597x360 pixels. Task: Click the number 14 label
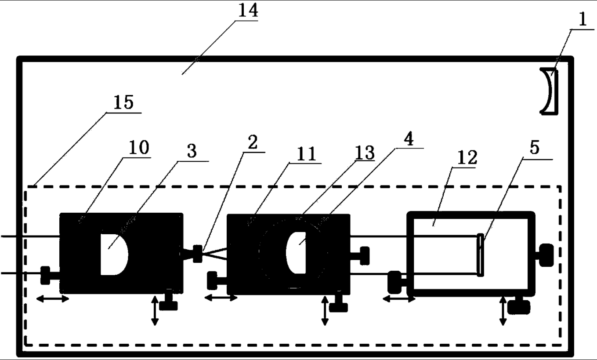coord(248,11)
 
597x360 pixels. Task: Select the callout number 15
coord(123,104)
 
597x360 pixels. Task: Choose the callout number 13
coord(365,153)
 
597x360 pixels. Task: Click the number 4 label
coord(407,140)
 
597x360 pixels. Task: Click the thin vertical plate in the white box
coord(481,255)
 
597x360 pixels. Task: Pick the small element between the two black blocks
coord(198,253)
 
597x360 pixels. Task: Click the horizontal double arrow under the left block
coord(52,299)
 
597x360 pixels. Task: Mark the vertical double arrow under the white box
coord(503,311)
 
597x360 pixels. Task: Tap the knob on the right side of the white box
coord(546,255)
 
